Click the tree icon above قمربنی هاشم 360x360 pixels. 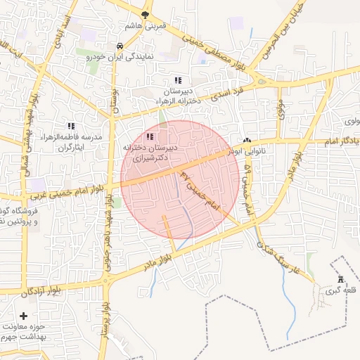146,14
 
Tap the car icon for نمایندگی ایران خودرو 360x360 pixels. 120,47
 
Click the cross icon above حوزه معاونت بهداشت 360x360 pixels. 25,316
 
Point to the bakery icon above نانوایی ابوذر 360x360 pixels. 247,140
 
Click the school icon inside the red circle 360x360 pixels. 149,136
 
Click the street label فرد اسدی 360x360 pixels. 229,92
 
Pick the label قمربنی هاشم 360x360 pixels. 145,25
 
